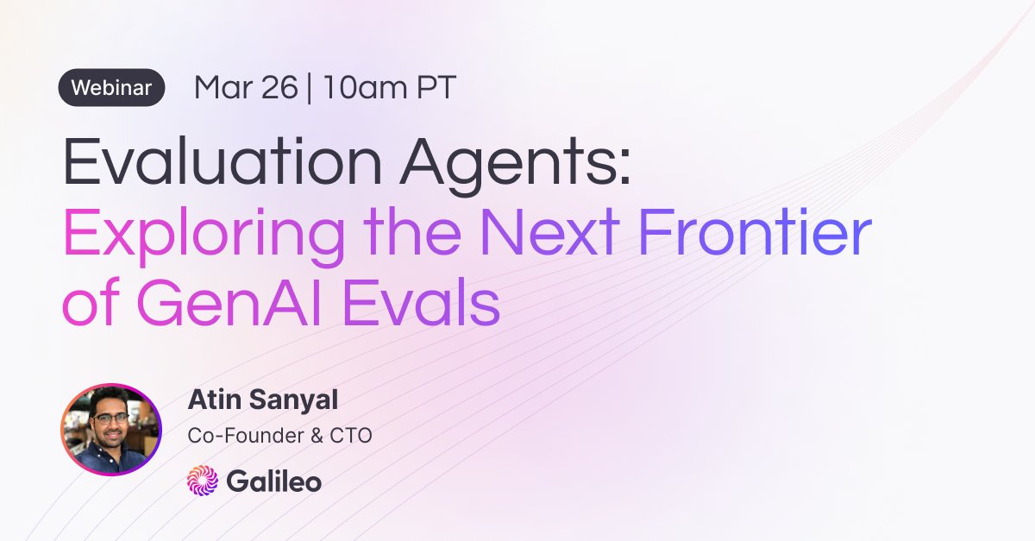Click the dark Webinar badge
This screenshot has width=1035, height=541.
111,88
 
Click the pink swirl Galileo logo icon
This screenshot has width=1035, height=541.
203,481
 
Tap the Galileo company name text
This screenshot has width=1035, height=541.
273,481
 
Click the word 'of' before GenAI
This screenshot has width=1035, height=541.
87,305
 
